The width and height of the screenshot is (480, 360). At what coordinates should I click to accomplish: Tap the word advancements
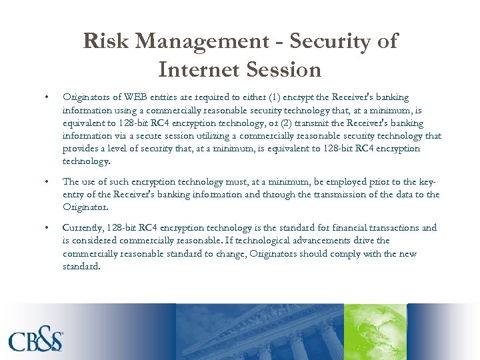point(318,241)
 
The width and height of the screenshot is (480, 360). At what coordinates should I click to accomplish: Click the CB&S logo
point(37,341)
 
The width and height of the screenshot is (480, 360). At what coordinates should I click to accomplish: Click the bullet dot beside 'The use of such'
point(46,182)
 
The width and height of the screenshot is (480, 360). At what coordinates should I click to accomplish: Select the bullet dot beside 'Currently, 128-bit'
point(46,228)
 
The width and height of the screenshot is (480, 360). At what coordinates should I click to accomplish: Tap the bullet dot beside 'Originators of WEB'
point(46,97)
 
